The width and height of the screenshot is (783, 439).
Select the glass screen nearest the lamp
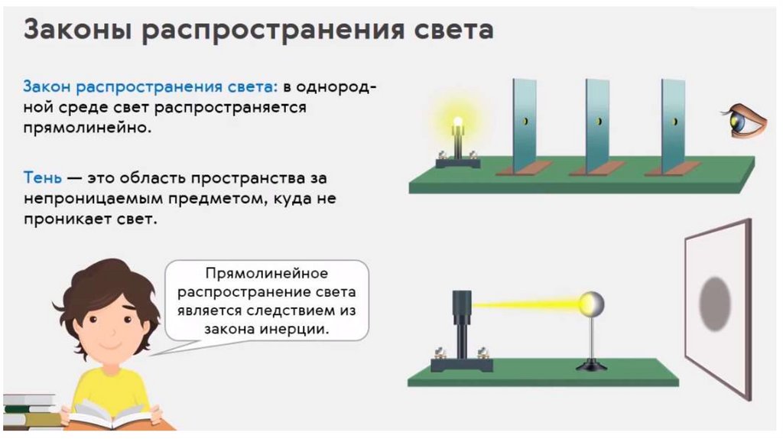click(x=524, y=122)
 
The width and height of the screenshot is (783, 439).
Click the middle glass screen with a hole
click(x=597, y=122)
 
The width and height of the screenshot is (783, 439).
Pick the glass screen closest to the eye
click(x=672, y=122)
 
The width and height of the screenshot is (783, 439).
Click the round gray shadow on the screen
click(x=716, y=304)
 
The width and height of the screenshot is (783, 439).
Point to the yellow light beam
click(x=528, y=304)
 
